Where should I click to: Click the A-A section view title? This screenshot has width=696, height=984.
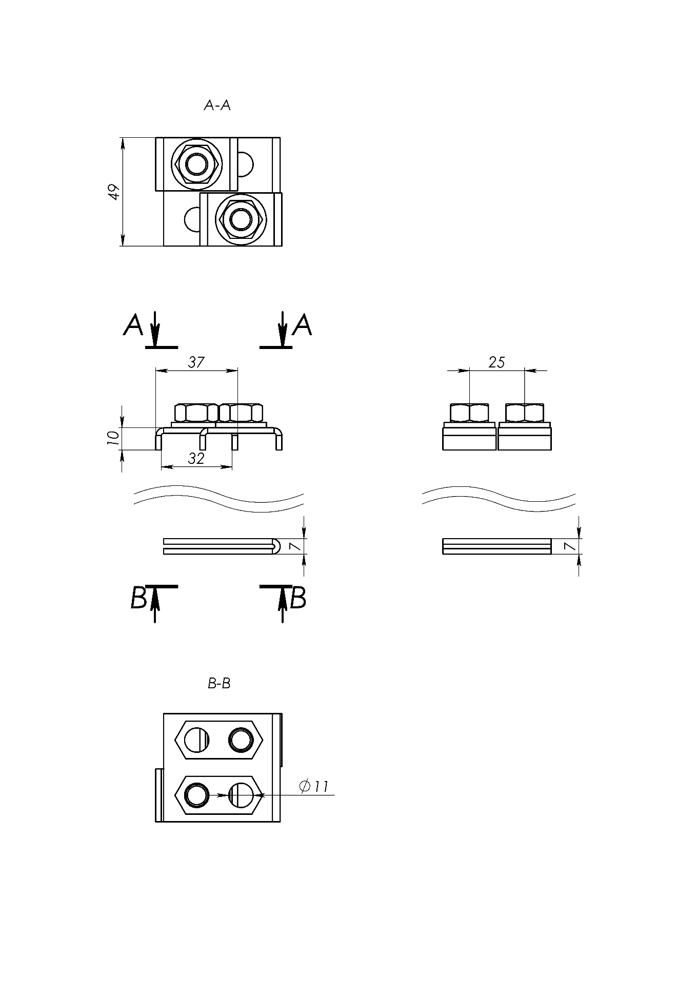point(217,106)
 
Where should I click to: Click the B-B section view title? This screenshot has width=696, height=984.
point(219,683)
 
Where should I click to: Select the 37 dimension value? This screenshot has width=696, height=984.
point(196,362)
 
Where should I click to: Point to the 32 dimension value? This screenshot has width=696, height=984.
point(196,458)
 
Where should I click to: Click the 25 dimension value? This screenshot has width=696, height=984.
point(496,362)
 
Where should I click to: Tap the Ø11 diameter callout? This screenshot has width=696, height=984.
point(313,786)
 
